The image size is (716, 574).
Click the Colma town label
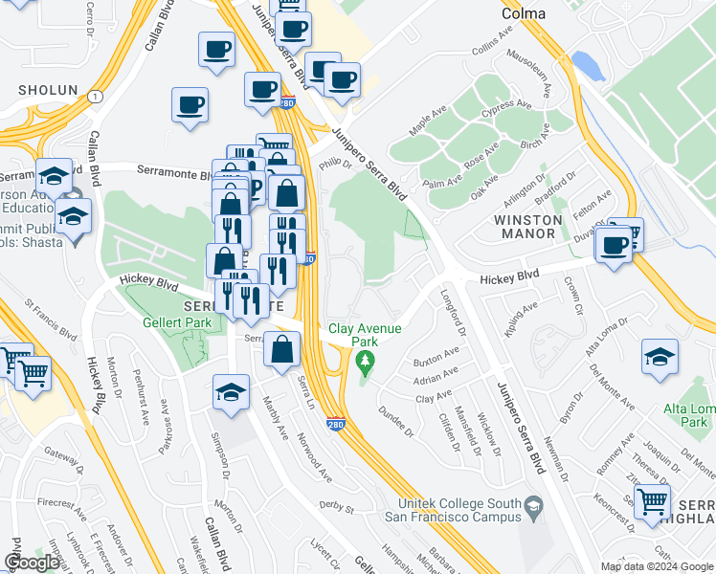click(x=524, y=13)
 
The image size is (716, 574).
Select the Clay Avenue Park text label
click(x=365, y=335)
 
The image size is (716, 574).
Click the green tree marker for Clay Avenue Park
click(x=364, y=362)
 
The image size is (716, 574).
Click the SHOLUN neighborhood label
click(x=46, y=90)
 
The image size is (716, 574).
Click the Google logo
click(x=32, y=563)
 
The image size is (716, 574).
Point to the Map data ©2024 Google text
click(x=657, y=566)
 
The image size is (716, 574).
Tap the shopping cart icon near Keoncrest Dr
click(x=652, y=500)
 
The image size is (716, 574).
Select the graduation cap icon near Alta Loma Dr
click(x=660, y=358)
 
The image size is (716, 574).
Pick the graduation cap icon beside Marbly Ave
click(x=231, y=392)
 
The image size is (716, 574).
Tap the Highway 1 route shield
click(x=94, y=97)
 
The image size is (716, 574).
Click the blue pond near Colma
click(x=593, y=66)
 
